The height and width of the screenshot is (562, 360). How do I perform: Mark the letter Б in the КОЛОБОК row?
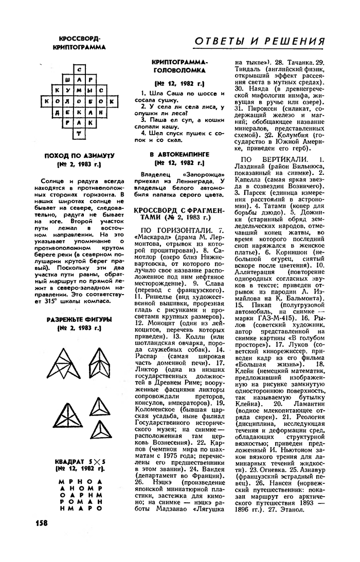89,101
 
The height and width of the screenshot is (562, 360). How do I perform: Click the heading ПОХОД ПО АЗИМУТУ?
79,155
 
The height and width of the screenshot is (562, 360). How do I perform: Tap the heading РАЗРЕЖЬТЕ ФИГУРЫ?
79,319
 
